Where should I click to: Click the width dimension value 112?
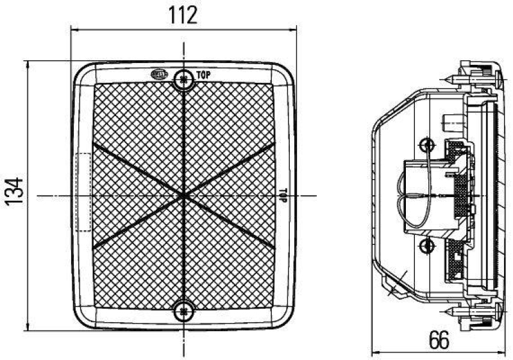(x=183, y=15)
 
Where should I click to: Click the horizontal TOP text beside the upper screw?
(x=204, y=75)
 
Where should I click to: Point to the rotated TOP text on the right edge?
(x=282, y=195)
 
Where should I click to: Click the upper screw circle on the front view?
(x=184, y=79)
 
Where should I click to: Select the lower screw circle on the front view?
(x=184, y=312)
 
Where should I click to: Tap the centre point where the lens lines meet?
(x=184, y=194)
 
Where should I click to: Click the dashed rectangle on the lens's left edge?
(x=84, y=192)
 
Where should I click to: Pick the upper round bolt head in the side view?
(x=425, y=144)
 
